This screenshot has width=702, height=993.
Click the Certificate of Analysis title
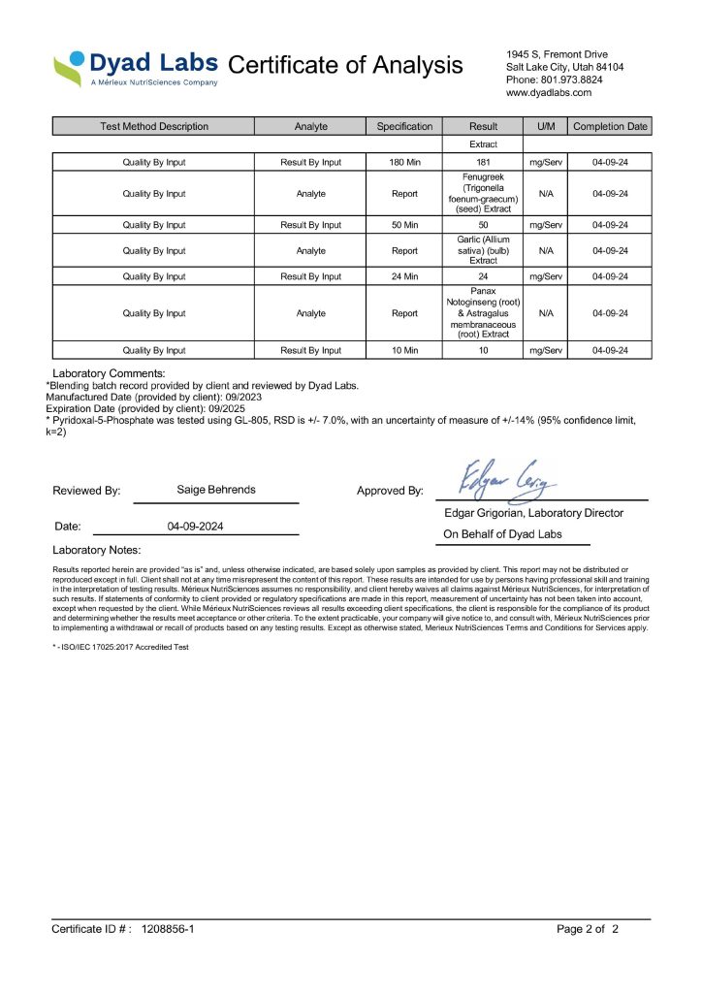[x=345, y=65]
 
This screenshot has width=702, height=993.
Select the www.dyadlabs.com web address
[x=549, y=93]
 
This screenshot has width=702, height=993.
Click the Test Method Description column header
[x=153, y=126]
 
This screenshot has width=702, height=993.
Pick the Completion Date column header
[x=610, y=126]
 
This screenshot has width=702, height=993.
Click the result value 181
[x=483, y=162]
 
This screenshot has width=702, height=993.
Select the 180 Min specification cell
[x=403, y=162]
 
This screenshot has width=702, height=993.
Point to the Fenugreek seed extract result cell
[x=483, y=194]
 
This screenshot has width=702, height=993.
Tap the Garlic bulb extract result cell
[x=483, y=250]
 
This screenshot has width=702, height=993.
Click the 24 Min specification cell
[x=403, y=276]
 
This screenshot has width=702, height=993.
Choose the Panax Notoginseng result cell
[x=483, y=313]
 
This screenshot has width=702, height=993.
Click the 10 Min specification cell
[x=403, y=350]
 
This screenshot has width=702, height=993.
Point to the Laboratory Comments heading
[x=109, y=373]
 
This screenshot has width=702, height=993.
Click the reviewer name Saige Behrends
[x=216, y=490]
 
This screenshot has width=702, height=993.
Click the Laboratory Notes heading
[x=97, y=550]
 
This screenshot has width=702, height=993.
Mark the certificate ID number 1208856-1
[x=168, y=929]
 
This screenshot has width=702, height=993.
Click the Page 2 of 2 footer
[x=587, y=929]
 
